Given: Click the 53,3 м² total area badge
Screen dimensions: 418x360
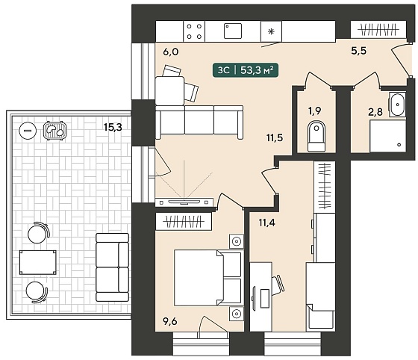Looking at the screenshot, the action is [x=246, y=70].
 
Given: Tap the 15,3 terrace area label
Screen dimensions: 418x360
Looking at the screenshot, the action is [x=113, y=128].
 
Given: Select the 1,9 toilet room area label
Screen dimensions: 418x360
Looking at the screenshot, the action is [x=314, y=111].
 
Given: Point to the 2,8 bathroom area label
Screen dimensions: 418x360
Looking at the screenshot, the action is [x=375, y=112].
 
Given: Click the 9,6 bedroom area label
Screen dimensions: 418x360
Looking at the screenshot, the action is [x=170, y=321].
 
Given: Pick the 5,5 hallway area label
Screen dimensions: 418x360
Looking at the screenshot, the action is [x=358, y=50].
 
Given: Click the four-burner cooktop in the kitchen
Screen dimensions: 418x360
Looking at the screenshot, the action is [x=194, y=31].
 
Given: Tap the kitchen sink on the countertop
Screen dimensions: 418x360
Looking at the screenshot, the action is [x=233, y=31].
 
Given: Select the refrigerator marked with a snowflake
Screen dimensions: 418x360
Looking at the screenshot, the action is [x=271, y=31].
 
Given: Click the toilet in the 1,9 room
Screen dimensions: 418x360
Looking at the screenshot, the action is [x=316, y=136].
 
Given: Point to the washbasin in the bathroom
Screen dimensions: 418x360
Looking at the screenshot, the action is [x=397, y=105].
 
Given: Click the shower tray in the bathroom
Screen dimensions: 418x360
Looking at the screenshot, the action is [x=387, y=136].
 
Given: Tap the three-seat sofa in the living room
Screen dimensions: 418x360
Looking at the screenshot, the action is [x=199, y=122].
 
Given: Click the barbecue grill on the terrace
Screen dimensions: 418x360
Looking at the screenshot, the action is [x=55, y=131].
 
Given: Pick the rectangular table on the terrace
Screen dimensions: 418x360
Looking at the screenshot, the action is [x=37, y=262].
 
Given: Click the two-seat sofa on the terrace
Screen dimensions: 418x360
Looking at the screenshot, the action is [x=112, y=267].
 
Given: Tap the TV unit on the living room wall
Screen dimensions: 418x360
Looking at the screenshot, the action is [x=184, y=202].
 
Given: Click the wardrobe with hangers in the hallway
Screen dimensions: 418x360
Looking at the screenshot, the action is [x=378, y=30].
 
